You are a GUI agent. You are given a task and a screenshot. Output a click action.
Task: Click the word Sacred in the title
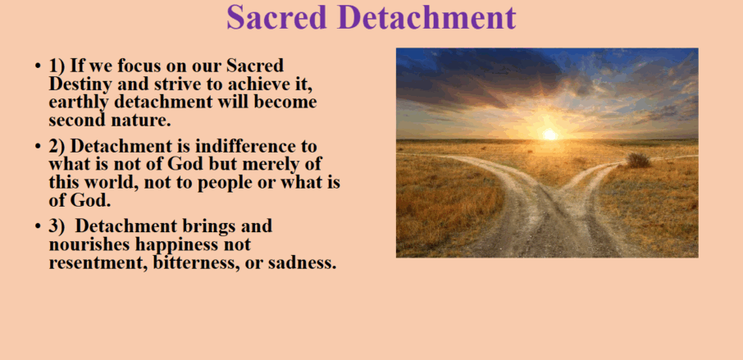(x=276, y=17)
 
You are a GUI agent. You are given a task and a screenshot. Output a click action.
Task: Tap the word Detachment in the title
(x=426, y=17)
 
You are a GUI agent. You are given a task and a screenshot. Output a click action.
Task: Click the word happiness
(x=176, y=245)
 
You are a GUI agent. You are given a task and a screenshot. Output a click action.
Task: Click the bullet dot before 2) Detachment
(x=38, y=146)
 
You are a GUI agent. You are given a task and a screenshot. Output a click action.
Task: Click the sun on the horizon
(x=549, y=134)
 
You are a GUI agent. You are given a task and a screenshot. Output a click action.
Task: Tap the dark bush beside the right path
(x=638, y=160)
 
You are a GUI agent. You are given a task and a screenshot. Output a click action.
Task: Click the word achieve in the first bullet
(x=257, y=84)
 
